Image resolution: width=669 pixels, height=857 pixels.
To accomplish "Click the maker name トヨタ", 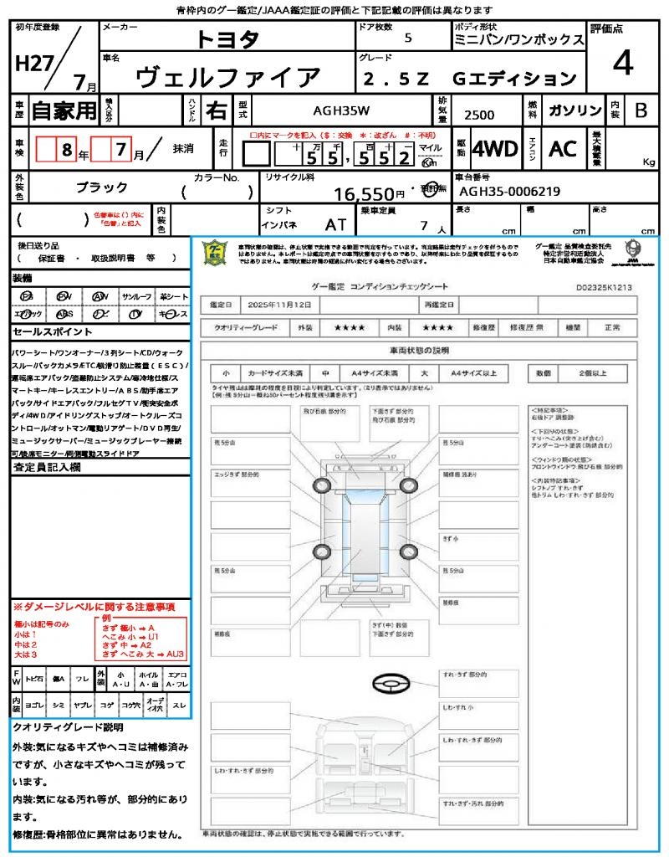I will coord(227,38).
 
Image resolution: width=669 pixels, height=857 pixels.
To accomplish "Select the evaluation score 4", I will coord(621,63).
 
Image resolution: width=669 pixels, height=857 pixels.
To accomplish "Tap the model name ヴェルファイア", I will coord(227,78).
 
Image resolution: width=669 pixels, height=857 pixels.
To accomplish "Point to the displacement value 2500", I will coord(478,115).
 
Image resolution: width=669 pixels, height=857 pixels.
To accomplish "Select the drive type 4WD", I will coord(494,149).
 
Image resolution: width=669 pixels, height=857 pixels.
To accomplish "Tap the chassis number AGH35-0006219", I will coord(510,191).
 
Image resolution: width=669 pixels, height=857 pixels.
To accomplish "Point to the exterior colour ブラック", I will coord(102,187).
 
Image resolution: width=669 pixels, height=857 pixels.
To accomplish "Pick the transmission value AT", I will coord(335,224).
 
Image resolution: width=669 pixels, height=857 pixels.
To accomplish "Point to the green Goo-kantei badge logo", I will coord(215,253).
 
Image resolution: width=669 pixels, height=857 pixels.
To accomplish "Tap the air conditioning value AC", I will coord(563,149).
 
